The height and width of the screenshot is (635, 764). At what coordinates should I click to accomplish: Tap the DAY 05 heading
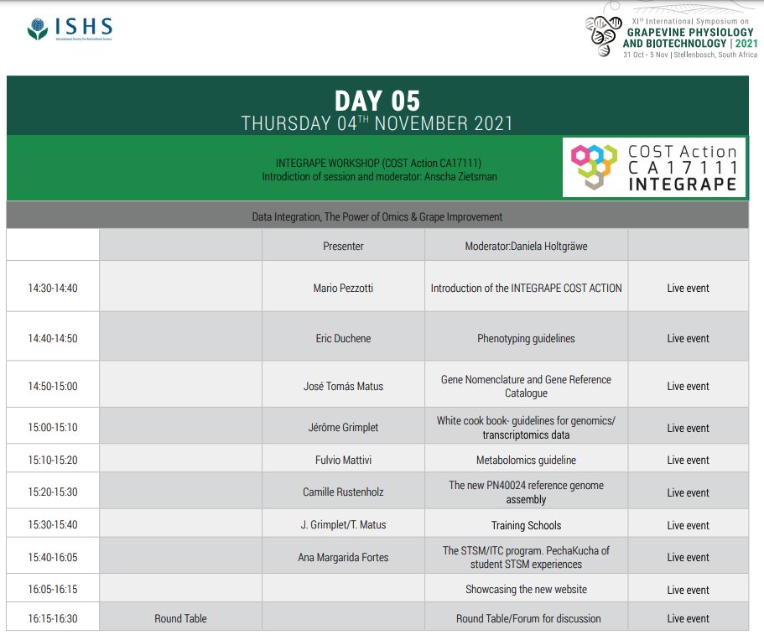tap(377, 101)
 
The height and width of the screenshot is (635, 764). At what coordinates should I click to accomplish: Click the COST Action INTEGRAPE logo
tap(653, 167)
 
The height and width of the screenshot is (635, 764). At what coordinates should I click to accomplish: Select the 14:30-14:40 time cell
tap(52, 288)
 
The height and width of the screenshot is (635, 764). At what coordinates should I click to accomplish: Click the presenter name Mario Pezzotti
tap(343, 288)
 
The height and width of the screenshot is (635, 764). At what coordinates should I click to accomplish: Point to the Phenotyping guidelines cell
tap(526, 339)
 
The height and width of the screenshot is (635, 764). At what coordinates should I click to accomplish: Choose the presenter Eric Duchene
tap(343, 339)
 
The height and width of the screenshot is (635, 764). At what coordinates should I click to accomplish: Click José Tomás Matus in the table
tap(343, 386)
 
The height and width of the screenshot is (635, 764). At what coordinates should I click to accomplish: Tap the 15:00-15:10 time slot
tap(52, 428)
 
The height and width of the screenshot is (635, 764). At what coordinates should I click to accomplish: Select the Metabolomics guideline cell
tap(526, 460)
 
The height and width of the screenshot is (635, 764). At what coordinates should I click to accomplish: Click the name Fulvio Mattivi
tap(343, 460)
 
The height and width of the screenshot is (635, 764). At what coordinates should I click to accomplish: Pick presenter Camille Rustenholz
tap(343, 492)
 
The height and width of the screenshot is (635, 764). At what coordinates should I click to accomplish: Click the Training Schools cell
tap(526, 525)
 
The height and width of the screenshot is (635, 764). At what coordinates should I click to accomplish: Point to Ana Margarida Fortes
tap(343, 557)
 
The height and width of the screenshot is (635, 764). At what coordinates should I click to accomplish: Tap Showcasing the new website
tap(526, 590)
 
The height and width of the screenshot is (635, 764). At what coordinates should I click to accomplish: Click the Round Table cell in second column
tap(180, 619)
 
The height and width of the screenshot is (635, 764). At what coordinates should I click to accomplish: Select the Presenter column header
tap(343, 246)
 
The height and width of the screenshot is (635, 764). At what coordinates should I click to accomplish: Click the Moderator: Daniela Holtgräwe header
tap(526, 246)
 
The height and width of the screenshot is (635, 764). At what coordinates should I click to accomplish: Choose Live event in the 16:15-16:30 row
tap(688, 619)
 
